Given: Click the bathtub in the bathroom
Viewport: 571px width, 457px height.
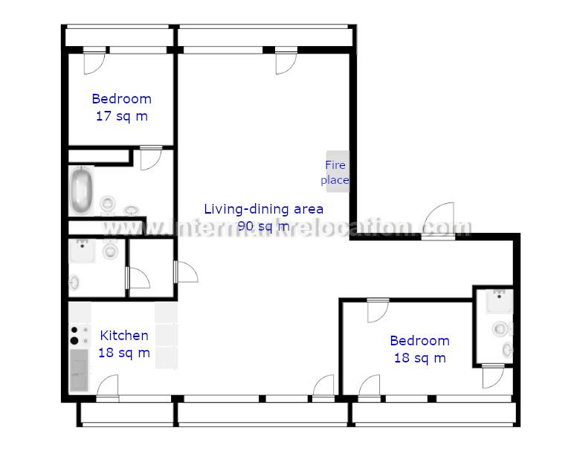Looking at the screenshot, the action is (x=81, y=191).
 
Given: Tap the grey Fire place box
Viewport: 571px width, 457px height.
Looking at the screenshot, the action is (x=338, y=171).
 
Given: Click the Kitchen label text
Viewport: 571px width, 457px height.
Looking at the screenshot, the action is (x=124, y=336).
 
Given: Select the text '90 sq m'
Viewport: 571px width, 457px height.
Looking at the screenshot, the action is (x=263, y=226).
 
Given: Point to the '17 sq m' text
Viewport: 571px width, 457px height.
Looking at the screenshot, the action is (x=122, y=116).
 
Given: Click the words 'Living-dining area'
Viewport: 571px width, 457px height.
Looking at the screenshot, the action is (x=263, y=209).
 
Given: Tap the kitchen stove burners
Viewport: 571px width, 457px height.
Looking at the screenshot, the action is (x=80, y=335).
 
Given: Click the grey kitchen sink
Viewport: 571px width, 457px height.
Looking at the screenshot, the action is (x=79, y=370).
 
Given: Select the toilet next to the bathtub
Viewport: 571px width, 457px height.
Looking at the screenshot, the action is (x=108, y=203).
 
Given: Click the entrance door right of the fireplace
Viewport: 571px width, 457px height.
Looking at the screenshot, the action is (x=439, y=220).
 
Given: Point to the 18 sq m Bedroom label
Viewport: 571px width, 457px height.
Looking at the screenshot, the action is (x=420, y=349).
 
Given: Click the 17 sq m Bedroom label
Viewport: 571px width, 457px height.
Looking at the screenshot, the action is (x=122, y=107).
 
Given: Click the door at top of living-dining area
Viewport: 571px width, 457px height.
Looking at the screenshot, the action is (x=286, y=60).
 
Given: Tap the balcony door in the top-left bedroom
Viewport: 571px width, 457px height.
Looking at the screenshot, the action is (x=94, y=60).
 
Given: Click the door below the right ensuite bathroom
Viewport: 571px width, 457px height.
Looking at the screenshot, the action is (x=493, y=376).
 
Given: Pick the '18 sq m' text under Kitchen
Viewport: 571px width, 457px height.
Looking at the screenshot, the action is (x=124, y=353).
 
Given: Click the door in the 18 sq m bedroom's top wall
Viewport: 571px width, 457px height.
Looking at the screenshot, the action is (x=378, y=310).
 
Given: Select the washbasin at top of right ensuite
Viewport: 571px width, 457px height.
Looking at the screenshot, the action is (x=500, y=301).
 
